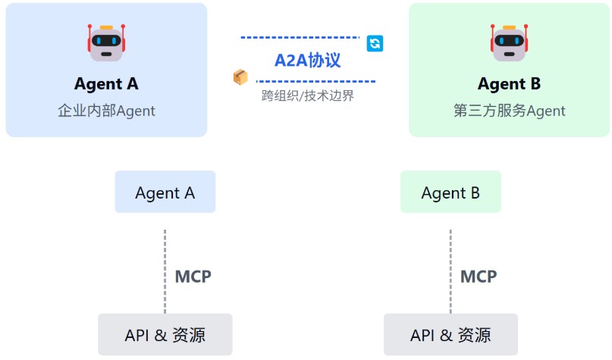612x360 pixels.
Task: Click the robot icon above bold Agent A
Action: [106, 42]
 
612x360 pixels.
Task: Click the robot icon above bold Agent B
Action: [510, 42]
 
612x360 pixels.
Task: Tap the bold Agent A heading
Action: [106, 84]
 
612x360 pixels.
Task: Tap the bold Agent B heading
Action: [510, 84]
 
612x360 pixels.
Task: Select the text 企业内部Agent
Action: [106, 111]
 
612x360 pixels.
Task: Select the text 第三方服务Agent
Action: [510, 111]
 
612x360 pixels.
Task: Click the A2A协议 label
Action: [308, 60]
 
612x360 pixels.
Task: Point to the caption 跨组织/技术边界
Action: [308, 96]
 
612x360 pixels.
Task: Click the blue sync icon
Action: [375, 43]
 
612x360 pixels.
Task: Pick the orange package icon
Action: [240, 77]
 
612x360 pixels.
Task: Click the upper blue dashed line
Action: [300, 36]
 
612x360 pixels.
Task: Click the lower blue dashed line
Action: [315, 81]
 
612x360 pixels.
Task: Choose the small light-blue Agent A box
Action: [165, 192]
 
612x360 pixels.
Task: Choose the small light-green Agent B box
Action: [450, 192]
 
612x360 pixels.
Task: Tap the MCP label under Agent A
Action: [193, 276]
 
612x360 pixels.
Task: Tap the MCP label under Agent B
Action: [479, 276]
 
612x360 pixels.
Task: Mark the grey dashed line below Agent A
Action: [165, 271]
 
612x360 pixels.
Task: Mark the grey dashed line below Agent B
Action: [450, 271]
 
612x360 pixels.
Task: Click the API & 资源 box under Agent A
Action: [165, 334]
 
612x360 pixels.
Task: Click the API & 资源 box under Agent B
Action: [450, 334]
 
